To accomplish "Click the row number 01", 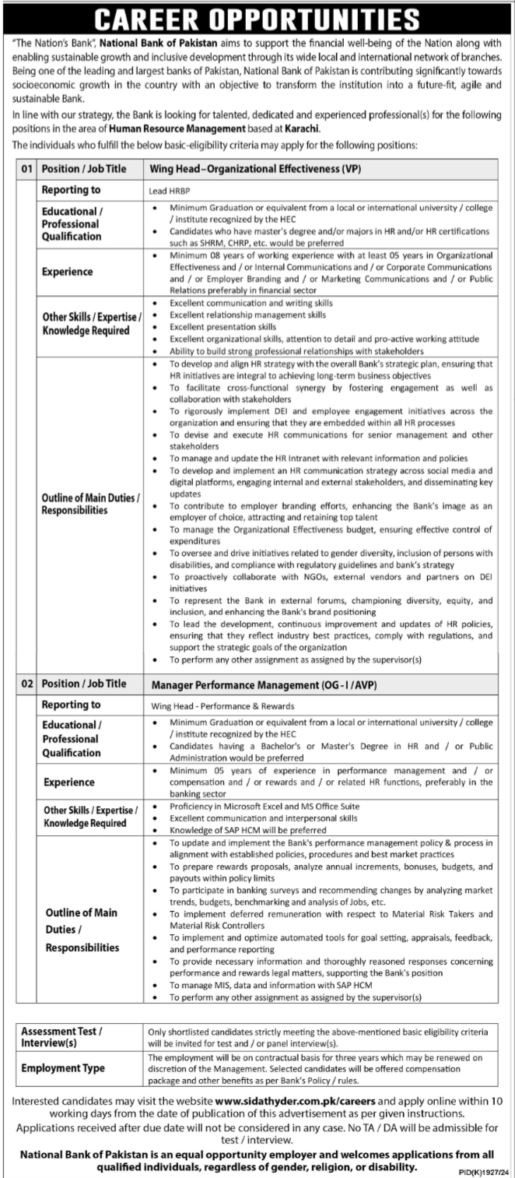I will pos(28,167).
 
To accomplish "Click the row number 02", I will pos(28,684).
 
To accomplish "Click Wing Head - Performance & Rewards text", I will pos(222,706).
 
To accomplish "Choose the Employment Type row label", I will pos(62,1068).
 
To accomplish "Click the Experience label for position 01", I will pos(68,272).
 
